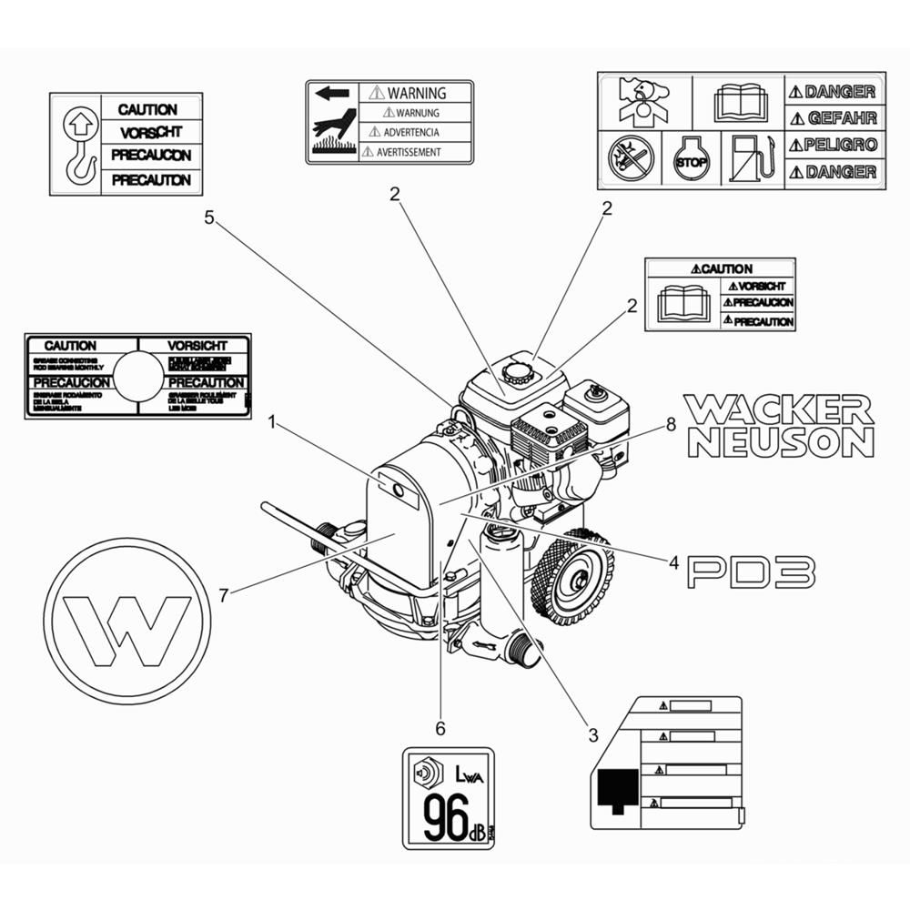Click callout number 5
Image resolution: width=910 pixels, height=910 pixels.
[x=208, y=218]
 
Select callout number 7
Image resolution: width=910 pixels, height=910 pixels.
[x=223, y=596]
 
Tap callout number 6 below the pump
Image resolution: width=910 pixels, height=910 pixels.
[x=440, y=728]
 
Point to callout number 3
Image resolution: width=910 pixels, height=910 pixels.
[x=592, y=733]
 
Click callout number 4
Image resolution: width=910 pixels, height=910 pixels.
[x=673, y=563]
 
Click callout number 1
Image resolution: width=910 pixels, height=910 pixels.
[x=271, y=421]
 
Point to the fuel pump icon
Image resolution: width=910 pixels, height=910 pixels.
[x=753, y=157]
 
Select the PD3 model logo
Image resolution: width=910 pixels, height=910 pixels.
[x=751, y=572]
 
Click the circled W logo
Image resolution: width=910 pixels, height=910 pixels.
[x=127, y=622]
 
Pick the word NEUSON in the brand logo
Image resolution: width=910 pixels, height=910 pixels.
[x=781, y=442]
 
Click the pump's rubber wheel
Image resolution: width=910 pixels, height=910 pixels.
[x=572, y=577]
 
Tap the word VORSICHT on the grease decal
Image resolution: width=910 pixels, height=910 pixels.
[x=197, y=346]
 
